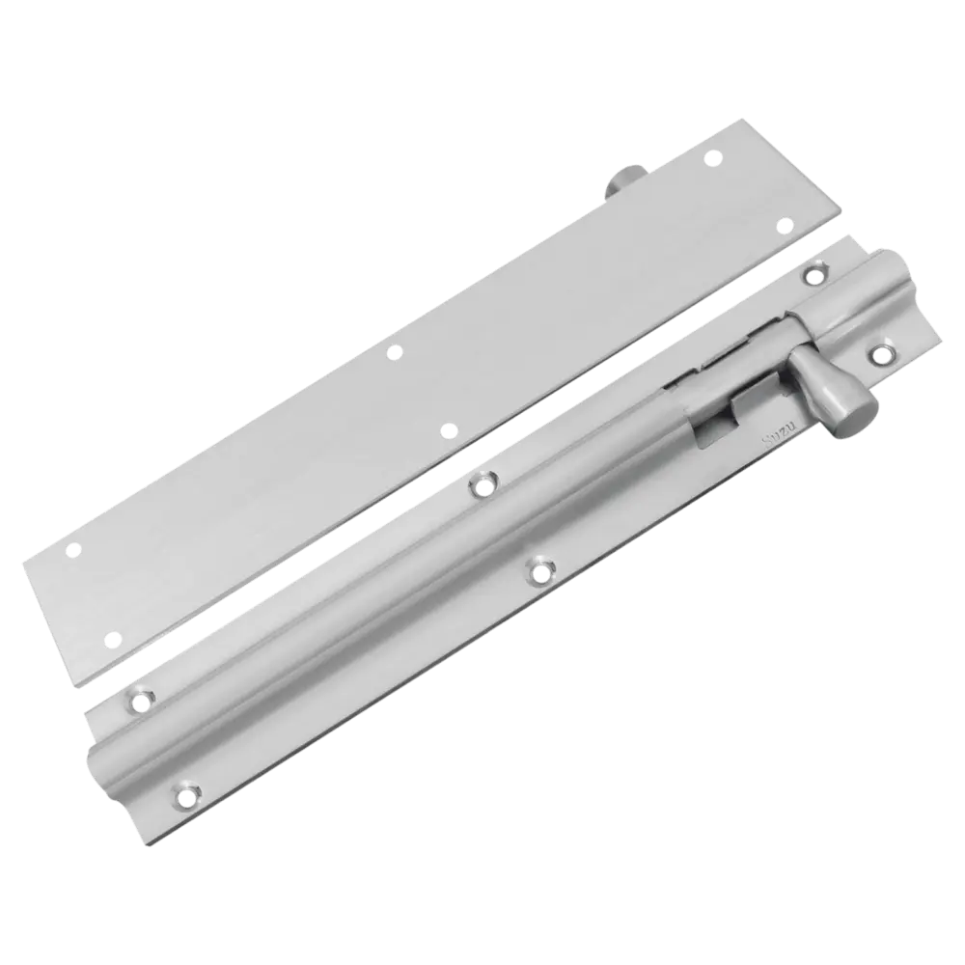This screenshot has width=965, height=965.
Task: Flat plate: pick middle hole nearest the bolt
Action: [447, 427]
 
